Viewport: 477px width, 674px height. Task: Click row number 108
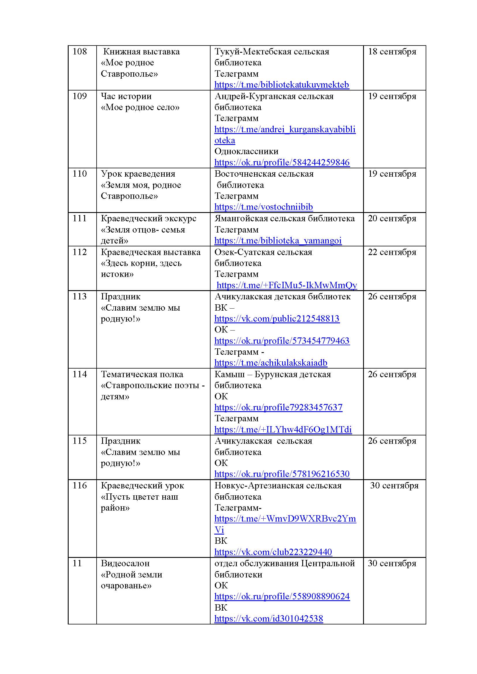(80, 52)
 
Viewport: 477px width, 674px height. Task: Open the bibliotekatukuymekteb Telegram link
(281, 85)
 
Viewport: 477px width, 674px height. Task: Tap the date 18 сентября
(392, 52)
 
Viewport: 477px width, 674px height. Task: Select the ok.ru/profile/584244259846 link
(282, 162)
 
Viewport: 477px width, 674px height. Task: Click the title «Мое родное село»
(140, 107)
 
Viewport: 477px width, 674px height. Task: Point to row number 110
(80, 174)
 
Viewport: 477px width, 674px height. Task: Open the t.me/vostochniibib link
(264, 207)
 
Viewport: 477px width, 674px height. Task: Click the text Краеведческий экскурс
(149, 218)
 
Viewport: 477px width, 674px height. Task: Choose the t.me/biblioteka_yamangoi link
(278, 241)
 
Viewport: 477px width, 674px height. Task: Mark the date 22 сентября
(392, 252)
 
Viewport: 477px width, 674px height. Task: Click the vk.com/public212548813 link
(277, 318)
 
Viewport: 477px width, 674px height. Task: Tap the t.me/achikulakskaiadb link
(271, 363)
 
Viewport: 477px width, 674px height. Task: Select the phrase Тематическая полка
(142, 374)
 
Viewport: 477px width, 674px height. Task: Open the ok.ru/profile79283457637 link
(278, 407)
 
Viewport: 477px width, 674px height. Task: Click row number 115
(80, 441)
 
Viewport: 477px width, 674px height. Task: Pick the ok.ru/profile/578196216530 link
(282, 474)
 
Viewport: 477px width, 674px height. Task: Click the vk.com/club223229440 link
(273, 552)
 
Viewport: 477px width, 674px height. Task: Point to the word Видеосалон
(125, 563)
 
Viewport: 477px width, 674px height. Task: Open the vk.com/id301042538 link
(268, 618)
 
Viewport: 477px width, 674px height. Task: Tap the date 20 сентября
(392, 218)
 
